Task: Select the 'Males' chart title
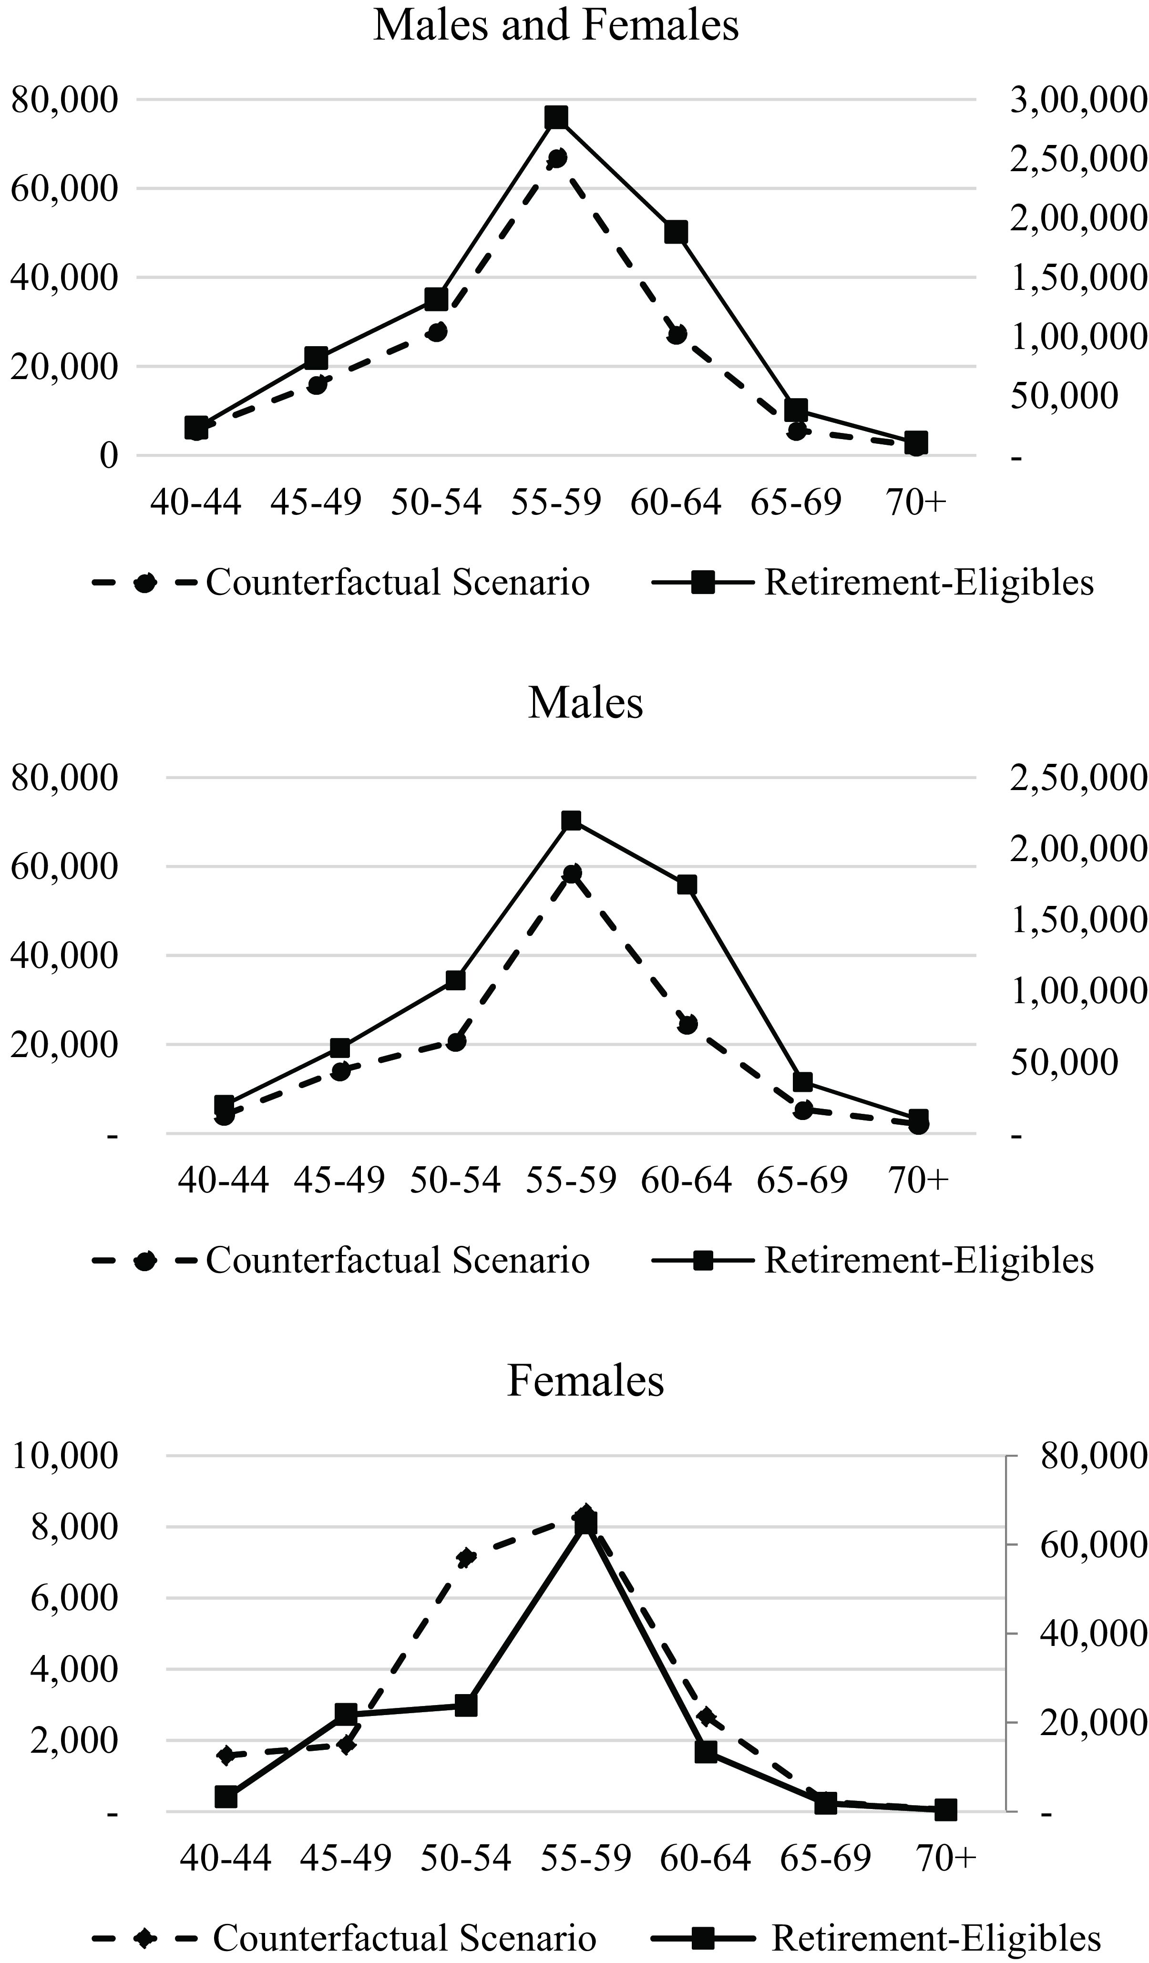click(x=586, y=703)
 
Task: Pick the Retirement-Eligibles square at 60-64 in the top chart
click(x=676, y=232)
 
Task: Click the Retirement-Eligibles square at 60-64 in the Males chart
click(x=686, y=885)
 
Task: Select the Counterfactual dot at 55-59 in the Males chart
click(x=572, y=873)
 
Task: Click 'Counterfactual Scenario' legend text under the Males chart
click(x=397, y=1260)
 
